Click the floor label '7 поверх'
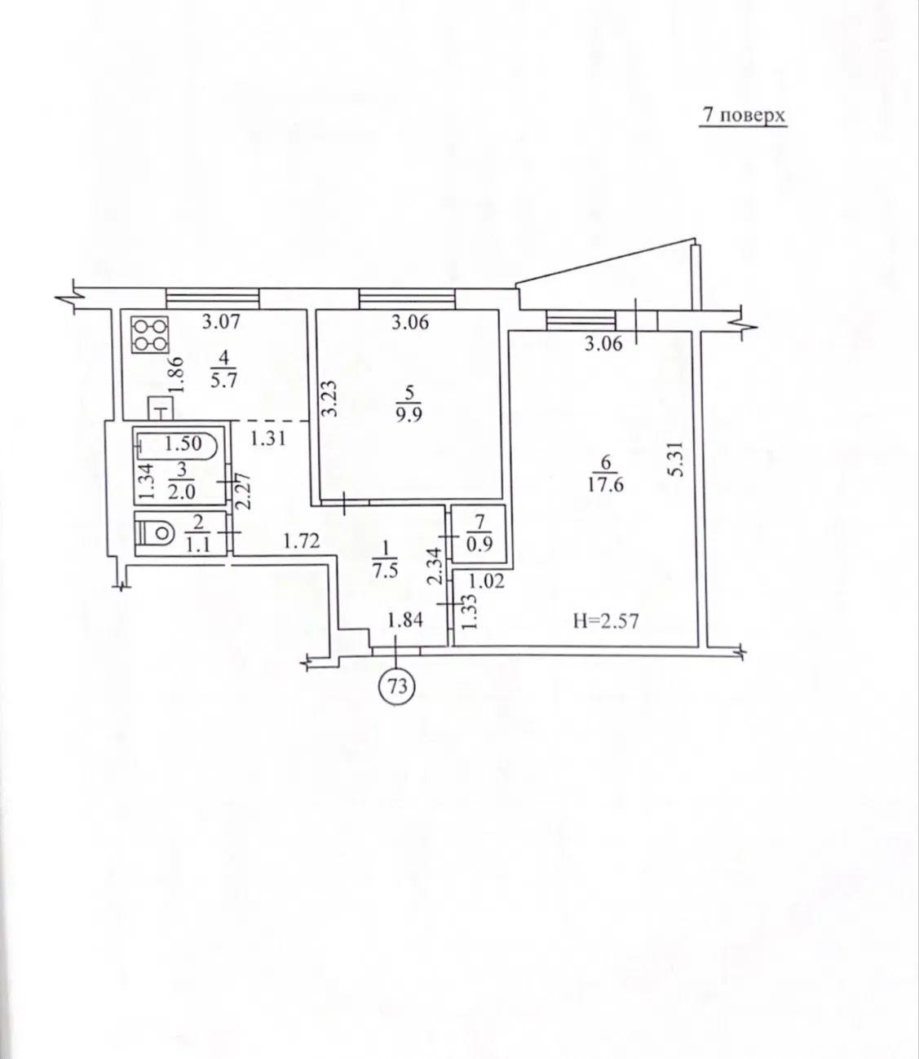(743, 115)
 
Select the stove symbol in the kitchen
(150, 334)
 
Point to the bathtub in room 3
(176, 444)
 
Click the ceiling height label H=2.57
(606, 621)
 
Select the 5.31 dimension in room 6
(679, 458)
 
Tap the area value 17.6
(606, 486)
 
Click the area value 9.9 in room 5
(409, 415)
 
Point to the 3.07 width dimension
(221, 322)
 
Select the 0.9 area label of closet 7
(479, 544)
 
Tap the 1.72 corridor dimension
(301, 541)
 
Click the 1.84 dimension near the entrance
(405, 620)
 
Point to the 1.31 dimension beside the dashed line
(268, 439)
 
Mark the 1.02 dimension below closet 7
(486, 580)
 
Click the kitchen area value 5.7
(223, 381)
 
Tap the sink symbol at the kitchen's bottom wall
(161, 408)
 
